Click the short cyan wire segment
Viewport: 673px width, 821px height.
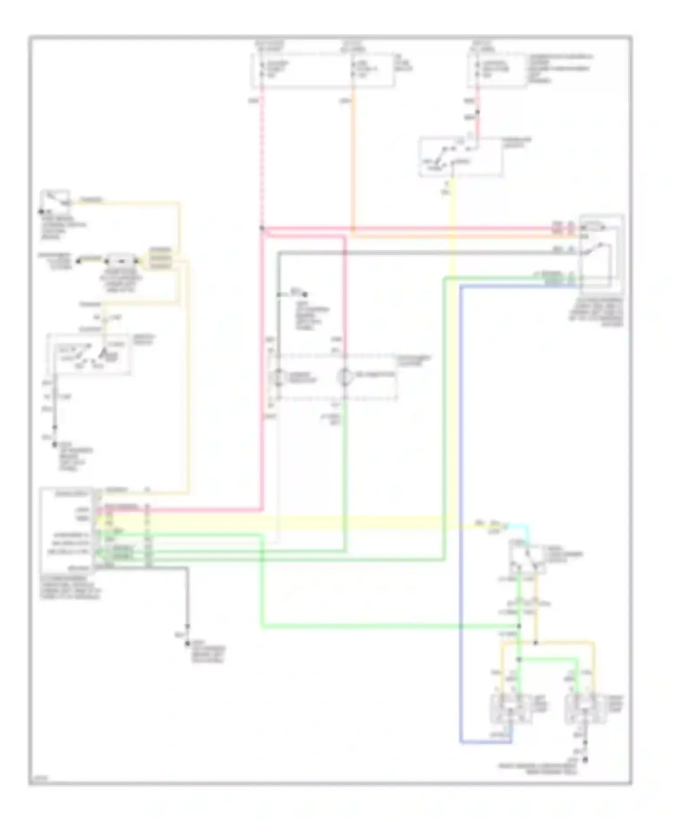coord(520,525)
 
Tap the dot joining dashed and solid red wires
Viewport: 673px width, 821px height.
coord(262,228)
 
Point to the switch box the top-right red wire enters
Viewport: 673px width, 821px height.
coord(460,157)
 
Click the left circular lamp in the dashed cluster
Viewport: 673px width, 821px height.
coord(278,377)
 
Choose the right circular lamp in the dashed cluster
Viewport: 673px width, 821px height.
coord(345,377)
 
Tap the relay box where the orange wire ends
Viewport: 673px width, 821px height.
coord(600,254)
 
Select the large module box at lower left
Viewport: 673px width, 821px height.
coord(67,530)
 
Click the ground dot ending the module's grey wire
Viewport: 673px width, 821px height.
coord(188,644)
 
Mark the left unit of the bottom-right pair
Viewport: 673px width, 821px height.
coord(510,709)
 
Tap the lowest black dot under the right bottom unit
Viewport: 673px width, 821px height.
coord(584,760)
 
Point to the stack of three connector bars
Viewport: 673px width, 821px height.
coord(160,259)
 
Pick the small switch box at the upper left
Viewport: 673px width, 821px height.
coord(56,200)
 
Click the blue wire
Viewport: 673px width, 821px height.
coord(460,494)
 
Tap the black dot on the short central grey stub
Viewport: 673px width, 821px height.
coord(305,295)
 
